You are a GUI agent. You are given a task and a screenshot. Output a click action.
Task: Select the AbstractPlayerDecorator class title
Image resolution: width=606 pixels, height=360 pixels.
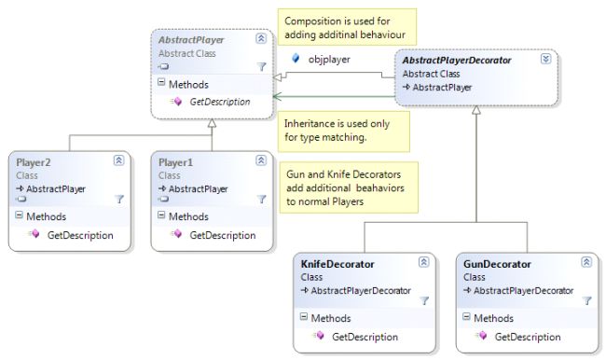coord(456,60)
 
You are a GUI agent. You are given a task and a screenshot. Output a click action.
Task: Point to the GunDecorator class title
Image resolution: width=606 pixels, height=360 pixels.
coord(497,264)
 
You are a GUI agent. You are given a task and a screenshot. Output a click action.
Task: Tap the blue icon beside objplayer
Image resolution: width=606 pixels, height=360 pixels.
coord(296,58)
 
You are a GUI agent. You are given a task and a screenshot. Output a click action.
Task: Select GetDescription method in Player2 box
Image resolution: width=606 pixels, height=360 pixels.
coord(80,234)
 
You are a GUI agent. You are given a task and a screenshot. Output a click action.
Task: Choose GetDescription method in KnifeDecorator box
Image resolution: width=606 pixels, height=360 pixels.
coord(365,337)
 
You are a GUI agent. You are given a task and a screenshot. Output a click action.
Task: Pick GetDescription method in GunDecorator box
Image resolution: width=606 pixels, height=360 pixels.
coord(527,337)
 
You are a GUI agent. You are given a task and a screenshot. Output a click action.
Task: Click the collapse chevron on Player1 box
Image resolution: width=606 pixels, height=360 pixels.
coord(261,161)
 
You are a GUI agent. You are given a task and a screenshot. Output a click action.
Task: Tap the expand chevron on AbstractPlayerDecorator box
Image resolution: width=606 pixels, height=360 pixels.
coord(545,59)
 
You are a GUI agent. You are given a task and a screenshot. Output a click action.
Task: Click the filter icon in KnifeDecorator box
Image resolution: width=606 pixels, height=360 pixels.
coord(424,300)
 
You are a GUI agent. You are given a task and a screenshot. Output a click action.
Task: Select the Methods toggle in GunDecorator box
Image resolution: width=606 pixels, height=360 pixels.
coord(464,318)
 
